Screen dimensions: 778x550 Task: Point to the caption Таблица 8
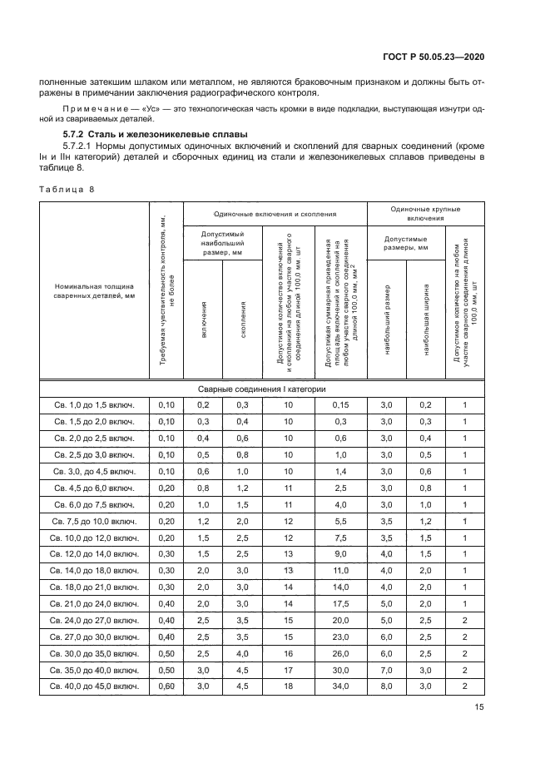pos(67,189)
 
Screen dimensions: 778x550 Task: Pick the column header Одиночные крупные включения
pos(425,214)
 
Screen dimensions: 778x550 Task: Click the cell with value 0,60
pos(166,686)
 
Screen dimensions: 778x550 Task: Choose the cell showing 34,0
pos(339,686)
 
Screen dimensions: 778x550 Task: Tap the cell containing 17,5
pos(339,603)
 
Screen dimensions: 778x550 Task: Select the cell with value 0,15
pos(339,404)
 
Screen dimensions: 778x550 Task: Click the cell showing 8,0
pos(386,686)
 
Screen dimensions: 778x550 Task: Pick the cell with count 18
pos(288,686)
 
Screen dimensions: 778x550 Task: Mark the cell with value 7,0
pos(386,669)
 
